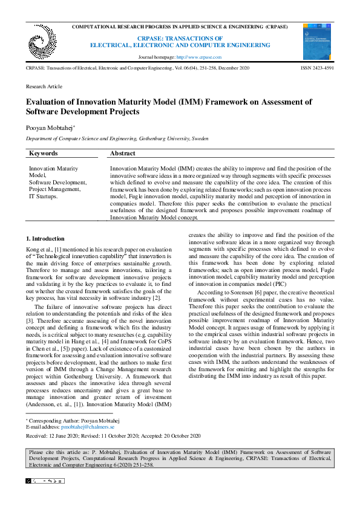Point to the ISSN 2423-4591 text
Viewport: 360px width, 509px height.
pos(317,69)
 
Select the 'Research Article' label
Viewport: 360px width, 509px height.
pos(44,87)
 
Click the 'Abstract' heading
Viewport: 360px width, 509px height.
pos(123,154)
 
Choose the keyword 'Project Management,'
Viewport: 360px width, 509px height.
pos(55,189)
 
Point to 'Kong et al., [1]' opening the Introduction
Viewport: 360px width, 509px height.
pos(45,250)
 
